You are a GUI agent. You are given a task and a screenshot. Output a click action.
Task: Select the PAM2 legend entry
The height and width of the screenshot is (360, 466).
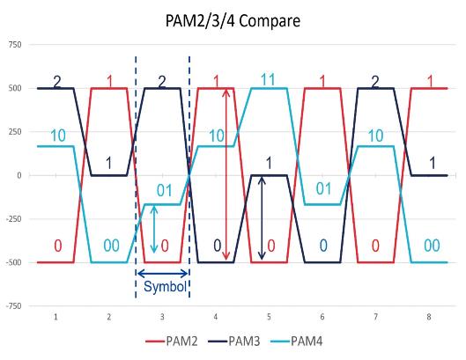[x=180, y=342]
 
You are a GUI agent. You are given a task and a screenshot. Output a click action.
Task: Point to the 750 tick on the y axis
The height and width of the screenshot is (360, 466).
[x=15, y=44]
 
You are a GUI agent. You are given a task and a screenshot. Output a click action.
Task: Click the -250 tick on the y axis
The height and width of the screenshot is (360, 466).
[x=13, y=219]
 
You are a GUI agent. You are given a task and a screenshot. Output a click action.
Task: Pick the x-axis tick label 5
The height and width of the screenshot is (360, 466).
[x=270, y=315]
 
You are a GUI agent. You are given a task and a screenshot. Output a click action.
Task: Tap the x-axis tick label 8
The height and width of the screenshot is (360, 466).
[x=429, y=315]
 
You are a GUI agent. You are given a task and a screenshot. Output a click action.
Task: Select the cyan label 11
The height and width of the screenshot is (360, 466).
[x=270, y=79]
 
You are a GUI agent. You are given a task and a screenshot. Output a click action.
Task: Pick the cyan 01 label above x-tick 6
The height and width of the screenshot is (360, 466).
[x=323, y=188]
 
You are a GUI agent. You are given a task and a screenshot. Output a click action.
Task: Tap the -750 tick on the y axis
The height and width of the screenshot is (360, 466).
[x=13, y=306]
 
